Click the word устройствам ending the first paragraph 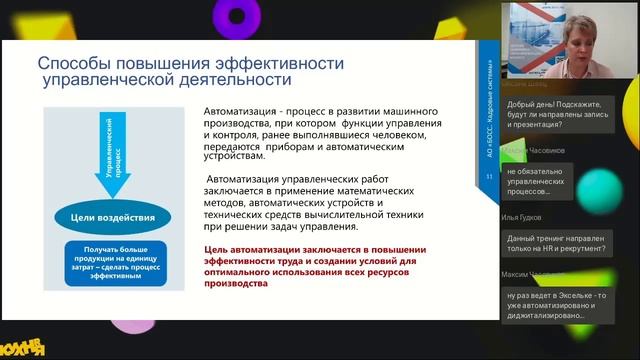pyautogui.click(x=234, y=157)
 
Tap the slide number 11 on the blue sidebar pyautogui.click(x=489, y=177)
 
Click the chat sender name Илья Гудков pyautogui.click(x=522, y=217)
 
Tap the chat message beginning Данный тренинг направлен pyautogui.click(x=555, y=245)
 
